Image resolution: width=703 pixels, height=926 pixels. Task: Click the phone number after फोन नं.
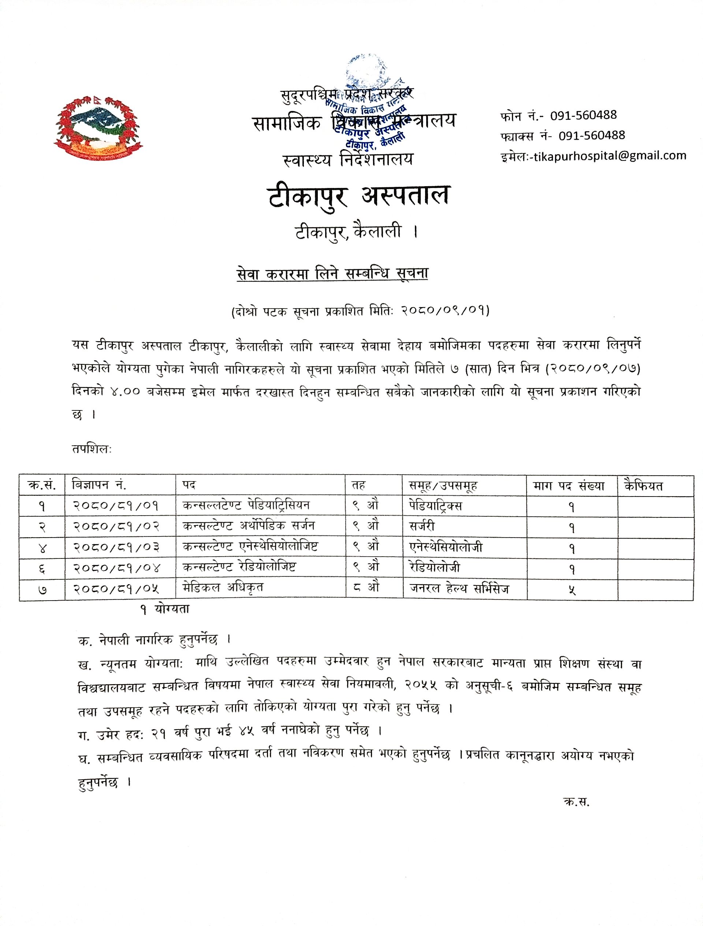tap(583, 115)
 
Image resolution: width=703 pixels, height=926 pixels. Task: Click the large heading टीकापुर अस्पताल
tap(358, 196)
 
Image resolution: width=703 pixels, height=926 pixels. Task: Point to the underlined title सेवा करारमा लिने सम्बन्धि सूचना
tap(331, 273)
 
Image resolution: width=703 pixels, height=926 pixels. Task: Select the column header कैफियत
tap(643, 486)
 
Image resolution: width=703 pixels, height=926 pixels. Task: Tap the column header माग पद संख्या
tap(569, 486)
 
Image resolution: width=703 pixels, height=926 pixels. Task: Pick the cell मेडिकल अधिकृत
tap(223, 588)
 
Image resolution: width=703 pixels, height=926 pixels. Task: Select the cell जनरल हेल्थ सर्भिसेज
tap(459, 589)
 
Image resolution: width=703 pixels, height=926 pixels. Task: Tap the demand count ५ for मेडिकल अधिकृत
tap(571, 590)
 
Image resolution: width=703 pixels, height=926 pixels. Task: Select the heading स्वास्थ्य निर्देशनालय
tap(348, 159)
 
